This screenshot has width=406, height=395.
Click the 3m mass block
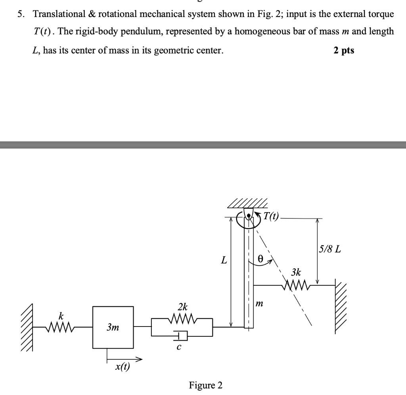[113, 327]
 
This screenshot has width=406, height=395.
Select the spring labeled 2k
[182, 318]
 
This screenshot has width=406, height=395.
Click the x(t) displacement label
[122, 367]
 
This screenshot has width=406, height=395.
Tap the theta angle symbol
[260, 258]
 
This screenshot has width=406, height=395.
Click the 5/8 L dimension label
[329, 250]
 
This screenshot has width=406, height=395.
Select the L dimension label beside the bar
[224, 260]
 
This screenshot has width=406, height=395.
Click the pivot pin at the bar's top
[249, 216]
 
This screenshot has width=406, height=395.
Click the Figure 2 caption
[206, 385]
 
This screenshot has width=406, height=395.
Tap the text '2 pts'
[344, 50]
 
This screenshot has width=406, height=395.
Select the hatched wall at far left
[28, 327]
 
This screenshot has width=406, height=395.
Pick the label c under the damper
[179, 348]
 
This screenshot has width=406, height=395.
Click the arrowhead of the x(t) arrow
[139, 359]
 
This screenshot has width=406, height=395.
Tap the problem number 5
[19, 14]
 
